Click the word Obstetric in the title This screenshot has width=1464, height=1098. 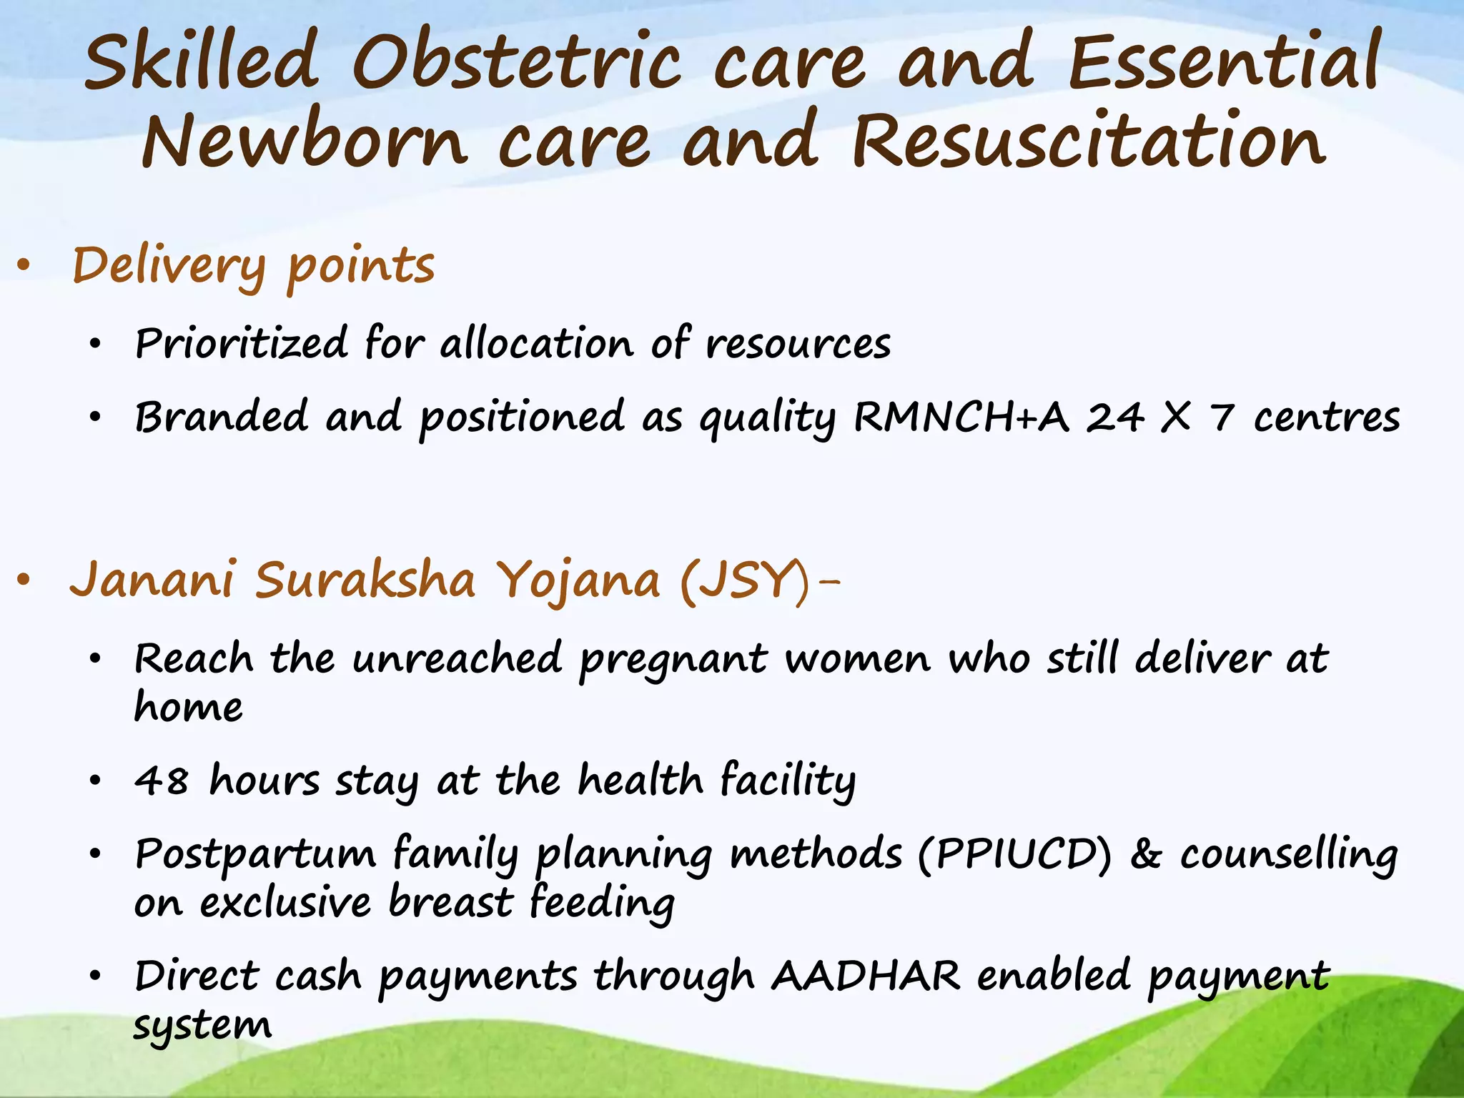tap(516, 63)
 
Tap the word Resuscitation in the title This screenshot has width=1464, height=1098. tap(1089, 142)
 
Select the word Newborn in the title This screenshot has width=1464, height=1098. tap(304, 142)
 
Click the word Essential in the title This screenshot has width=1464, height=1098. tap(1223, 63)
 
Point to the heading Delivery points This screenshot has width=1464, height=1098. tap(253, 267)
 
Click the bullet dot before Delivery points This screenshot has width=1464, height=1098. tap(24, 267)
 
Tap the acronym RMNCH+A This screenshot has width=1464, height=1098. tap(961, 417)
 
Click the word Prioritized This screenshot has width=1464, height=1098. tap(241, 344)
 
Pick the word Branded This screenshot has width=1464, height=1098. tap(222, 417)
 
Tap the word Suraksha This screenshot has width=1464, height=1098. tap(365, 580)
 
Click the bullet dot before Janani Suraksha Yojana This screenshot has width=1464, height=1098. tap(24, 580)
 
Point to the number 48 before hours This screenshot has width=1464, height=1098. tap(162, 781)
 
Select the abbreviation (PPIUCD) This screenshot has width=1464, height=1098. tap(1015, 854)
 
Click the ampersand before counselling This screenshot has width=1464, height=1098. tap(1146, 854)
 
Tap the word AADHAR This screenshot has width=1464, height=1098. tap(866, 976)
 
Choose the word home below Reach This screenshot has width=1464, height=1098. tap(189, 708)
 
